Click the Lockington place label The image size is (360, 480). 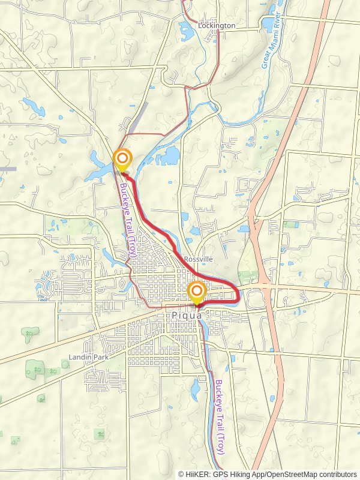tap(217, 26)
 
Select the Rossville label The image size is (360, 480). tap(199, 259)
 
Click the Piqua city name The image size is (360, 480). tap(187, 316)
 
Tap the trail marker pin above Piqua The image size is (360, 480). tap(197, 293)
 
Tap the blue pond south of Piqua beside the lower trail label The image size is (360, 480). tap(195, 390)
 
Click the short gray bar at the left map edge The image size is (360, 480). tap(8, 169)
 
